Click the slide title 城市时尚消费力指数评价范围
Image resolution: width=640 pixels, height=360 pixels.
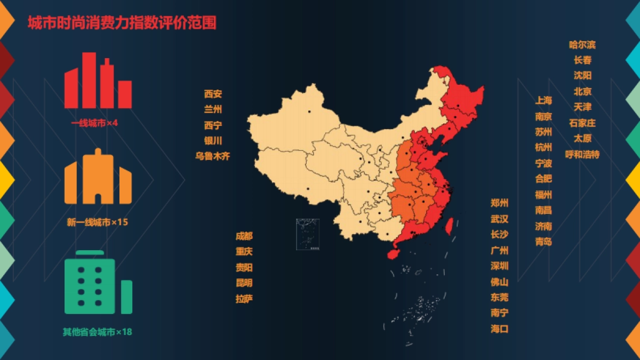(122, 23)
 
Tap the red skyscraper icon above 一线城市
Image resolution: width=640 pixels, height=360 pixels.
(98, 81)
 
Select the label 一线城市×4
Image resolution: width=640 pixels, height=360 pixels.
(94, 123)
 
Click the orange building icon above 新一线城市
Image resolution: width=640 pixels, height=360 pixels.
(98, 178)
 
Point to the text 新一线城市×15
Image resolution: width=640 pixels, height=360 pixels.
(98, 222)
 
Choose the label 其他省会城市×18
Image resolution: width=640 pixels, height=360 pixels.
(97, 332)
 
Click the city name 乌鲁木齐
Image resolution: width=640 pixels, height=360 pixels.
(213, 156)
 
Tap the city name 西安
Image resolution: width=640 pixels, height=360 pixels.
(213, 94)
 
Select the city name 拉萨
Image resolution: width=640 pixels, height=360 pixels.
(244, 299)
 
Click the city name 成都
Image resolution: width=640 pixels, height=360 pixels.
(244, 236)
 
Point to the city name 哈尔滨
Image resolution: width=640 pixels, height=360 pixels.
(582, 45)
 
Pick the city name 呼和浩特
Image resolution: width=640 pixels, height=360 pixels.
(582, 155)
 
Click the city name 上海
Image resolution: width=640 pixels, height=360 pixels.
(543, 100)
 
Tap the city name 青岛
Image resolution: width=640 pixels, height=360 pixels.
(543, 242)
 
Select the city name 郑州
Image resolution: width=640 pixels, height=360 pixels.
(500, 203)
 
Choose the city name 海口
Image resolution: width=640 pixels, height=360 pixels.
(500, 329)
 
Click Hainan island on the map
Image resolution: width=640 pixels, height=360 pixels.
(394, 253)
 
